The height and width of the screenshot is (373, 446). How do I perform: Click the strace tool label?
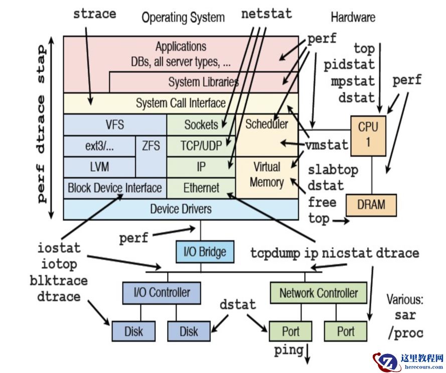click(x=94, y=14)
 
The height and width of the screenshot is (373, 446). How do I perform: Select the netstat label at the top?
click(x=266, y=14)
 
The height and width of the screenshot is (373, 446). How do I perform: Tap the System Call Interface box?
click(x=181, y=103)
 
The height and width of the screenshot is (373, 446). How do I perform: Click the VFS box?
click(x=114, y=125)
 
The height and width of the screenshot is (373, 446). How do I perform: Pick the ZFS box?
click(x=151, y=146)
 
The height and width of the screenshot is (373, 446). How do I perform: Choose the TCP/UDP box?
click(x=201, y=146)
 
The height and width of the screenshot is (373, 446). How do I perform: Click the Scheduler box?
click(x=266, y=124)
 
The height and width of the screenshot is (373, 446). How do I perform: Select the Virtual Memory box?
click(x=266, y=174)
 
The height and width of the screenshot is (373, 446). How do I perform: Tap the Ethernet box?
click(x=201, y=188)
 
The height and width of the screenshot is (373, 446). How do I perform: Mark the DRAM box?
click(x=371, y=204)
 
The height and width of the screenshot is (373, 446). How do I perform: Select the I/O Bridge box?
click(x=205, y=252)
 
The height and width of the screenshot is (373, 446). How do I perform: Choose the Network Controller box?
click(x=319, y=293)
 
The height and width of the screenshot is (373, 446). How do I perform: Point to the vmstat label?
click(x=327, y=145)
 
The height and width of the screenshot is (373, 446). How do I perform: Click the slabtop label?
click(x=333, y=170)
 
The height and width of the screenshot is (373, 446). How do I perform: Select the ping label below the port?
click(x=288, y=350)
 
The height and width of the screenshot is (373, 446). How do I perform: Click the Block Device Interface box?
click(x=115, y=188)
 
